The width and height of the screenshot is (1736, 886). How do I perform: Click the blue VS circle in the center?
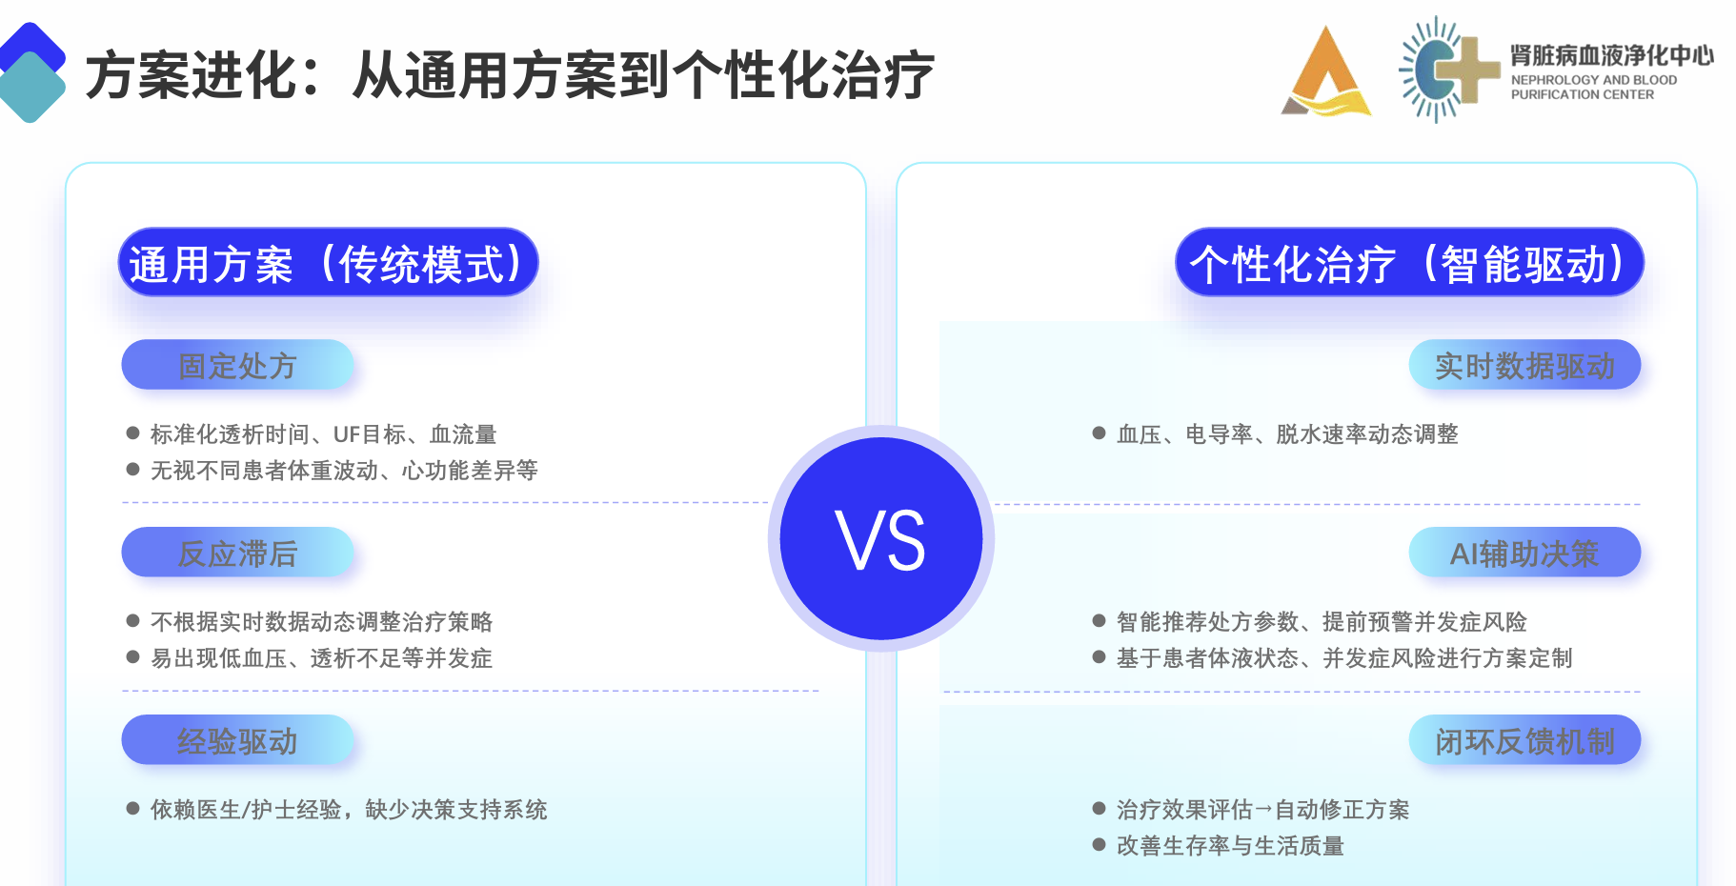coord(881,538)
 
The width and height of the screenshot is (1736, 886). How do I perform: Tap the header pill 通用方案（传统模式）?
coord(328,262)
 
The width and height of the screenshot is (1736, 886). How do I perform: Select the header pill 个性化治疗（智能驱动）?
coord(1409,262)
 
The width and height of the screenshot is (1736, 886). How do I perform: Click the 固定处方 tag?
coord(237,364)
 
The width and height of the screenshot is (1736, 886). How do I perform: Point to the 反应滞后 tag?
coord(237,552)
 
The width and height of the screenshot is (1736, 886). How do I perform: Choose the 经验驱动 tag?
coord(237,739)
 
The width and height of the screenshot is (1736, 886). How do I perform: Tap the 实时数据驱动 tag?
coord(1524,364)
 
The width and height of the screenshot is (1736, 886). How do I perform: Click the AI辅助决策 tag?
coord(1524,552)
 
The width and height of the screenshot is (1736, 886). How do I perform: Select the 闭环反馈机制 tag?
coord(1524,739)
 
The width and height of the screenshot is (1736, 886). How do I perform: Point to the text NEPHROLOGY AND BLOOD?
coord(1594,80)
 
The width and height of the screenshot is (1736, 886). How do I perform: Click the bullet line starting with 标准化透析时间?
coord(312,434)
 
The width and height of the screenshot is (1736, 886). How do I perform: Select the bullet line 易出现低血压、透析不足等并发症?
coord(310,658)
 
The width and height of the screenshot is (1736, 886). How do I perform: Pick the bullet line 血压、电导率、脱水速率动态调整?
coord(1276,434)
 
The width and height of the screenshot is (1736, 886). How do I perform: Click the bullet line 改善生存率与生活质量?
coord(1219,846)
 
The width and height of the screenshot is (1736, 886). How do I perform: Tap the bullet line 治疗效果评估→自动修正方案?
coord(1251,810)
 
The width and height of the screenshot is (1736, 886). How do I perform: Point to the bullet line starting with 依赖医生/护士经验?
coord(337,810)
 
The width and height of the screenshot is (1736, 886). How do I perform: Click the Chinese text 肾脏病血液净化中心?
coord(1612,55)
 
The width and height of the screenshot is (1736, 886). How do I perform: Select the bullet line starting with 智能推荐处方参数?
coord(1310,622)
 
